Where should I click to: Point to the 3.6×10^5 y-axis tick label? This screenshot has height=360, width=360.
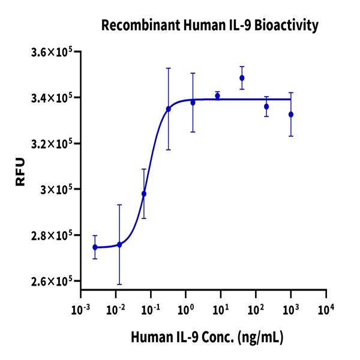[x=52, y=52]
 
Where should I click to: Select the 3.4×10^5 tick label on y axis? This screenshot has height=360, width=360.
[x=52, y=98]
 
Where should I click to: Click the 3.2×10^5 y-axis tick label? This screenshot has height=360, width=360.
[x=52, y=144]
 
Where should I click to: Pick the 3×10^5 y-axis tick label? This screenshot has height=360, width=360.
[x=56, y=190]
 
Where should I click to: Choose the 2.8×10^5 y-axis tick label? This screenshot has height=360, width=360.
[x=52, y=235]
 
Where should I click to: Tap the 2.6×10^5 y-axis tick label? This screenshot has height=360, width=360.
[x=52, y=281]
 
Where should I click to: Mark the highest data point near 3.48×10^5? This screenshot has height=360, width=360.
[x=242, y=78]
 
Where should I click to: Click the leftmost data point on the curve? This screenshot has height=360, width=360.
[x=95, y=247]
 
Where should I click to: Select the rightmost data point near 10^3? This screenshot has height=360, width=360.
[x=291, y=114]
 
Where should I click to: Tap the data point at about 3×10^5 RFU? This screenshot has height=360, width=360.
[x=144, y=194]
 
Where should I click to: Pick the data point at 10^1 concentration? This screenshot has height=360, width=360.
[x=217, y=96]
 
